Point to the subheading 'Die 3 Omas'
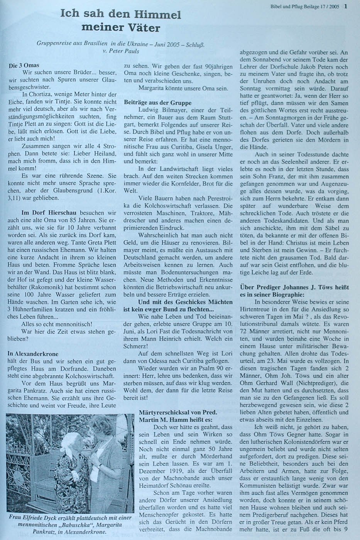coord(24,66)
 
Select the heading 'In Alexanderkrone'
coord(32,353)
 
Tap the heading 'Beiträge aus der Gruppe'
coord(158,103)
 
